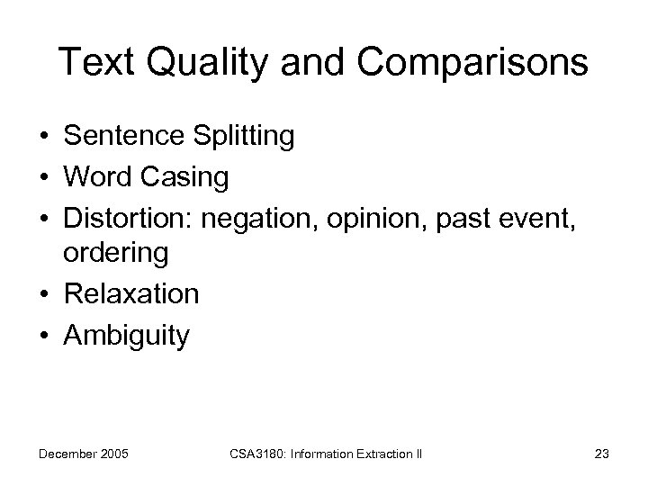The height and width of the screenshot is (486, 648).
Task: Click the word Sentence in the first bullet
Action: tap(122, 137)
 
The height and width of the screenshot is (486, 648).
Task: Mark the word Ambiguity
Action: tap(127, 335)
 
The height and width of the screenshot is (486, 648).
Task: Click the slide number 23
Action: tap(602, 454)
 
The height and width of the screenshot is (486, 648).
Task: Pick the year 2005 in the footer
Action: tap(112, 454)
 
